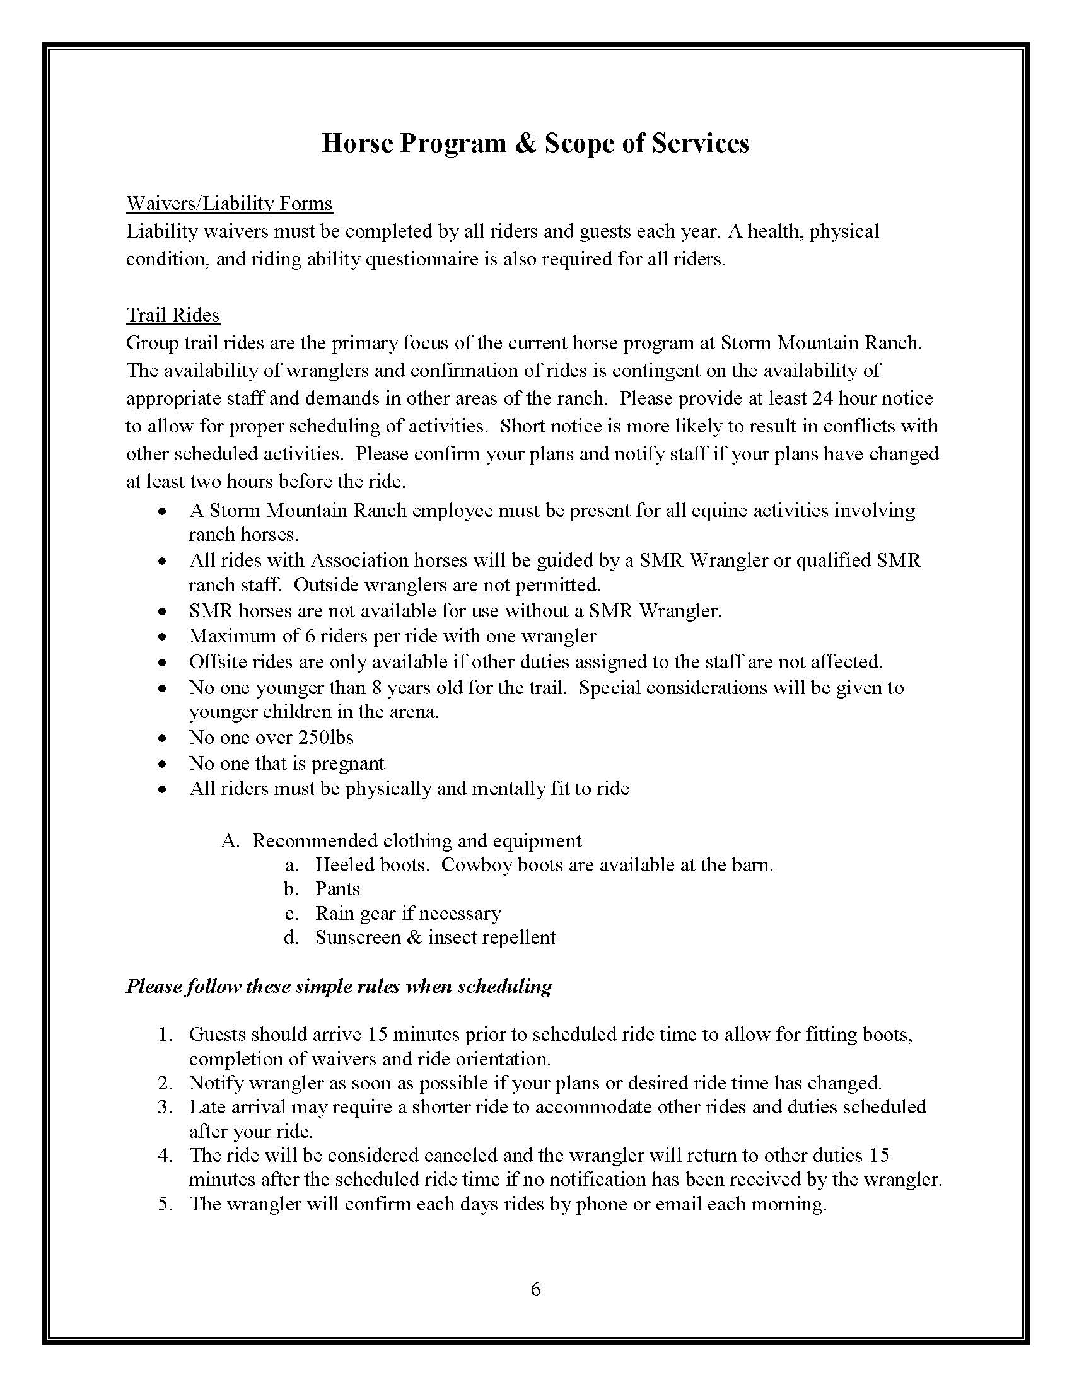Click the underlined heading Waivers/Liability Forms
pyautogui.click(x=230, y=204)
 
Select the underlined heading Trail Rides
pyautogui.click(x=173, y=315)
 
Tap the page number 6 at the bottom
pyautogui.click(x=535, y=1289)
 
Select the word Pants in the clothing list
pyautogui.click(x=337, y=888)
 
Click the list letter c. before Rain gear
pyautogui.click(x=291, y=914)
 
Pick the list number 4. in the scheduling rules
pyautogui.click(x=166, y=1155)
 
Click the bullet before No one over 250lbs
pyautogui.click(x=164, y=739)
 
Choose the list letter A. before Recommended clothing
pyautogui.click(x=230, y=841)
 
